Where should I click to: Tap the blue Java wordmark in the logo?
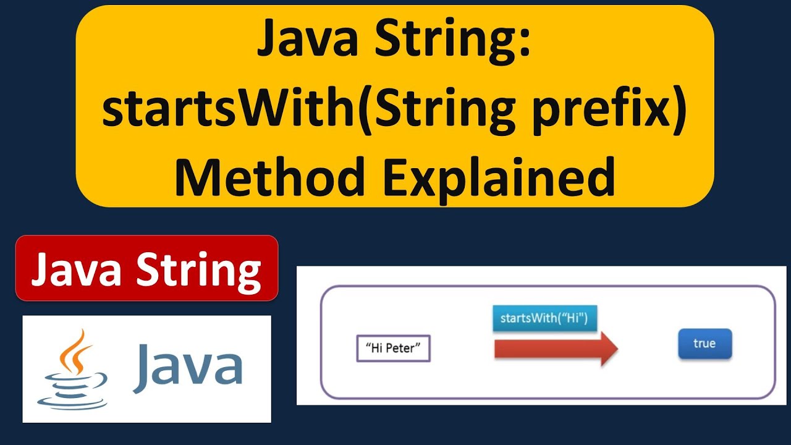point(187,368)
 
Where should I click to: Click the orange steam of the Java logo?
point(75,352)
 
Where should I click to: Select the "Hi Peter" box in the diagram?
point(393,349)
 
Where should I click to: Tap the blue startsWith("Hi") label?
point(544,319)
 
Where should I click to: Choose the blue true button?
point(704,344)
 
